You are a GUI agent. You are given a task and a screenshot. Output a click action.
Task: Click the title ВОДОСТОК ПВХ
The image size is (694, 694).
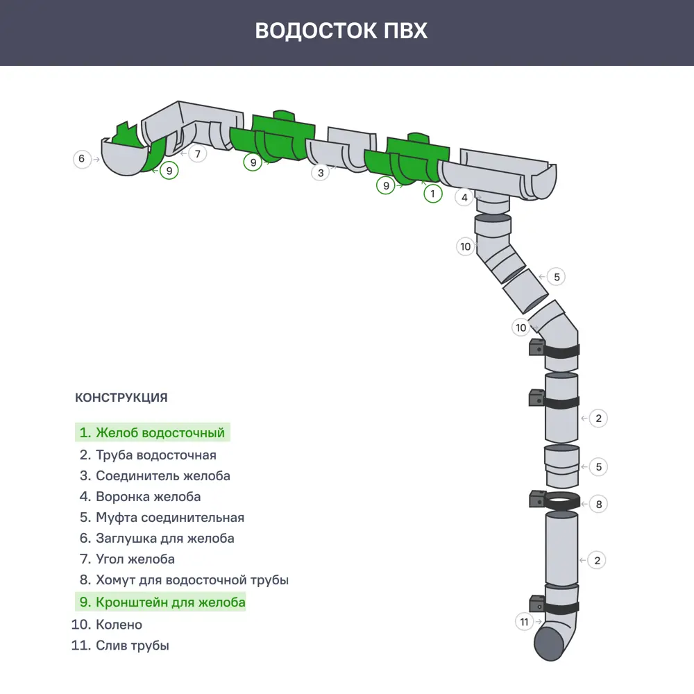(341, 31)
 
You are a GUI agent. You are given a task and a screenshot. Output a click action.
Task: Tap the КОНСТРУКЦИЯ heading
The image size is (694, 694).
(121, 398)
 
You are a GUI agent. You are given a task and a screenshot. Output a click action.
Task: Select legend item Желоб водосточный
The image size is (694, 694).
(152, 433)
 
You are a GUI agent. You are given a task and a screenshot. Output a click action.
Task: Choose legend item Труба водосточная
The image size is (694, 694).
(147, 455)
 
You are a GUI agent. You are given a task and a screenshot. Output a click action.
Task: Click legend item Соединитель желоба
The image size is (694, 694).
(154, 476)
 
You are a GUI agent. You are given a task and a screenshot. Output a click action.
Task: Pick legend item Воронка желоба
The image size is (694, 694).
(139, 497)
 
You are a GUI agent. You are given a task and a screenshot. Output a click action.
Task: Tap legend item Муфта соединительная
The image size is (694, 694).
(161, 518)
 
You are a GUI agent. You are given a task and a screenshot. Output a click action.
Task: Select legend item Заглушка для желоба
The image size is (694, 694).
(156, 539)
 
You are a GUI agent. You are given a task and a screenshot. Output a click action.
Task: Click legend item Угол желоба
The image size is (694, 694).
(126, 559)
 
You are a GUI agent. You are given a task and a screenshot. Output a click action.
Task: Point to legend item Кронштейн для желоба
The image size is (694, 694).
(162, 602)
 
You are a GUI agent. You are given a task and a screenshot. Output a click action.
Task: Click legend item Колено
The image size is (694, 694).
(107, 625)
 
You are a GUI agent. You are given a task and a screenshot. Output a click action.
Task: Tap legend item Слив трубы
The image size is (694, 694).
(120, 645)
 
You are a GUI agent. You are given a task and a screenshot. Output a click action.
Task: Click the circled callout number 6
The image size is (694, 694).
(82, 159)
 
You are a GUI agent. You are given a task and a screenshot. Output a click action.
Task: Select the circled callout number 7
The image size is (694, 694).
(197, 153)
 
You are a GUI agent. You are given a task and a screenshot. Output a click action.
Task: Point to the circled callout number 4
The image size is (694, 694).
(464, 197)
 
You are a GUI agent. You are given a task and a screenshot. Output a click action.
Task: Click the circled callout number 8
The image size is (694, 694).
(598, 504)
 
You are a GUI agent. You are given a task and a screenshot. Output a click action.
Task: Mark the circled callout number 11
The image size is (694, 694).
(525, 621)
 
